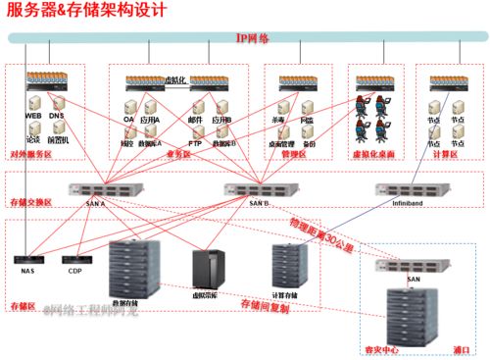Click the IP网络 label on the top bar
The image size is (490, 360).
(x=253, y=37)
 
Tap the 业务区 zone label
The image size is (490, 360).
(x=178, y=154)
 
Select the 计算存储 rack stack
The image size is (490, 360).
(x=285, y=262)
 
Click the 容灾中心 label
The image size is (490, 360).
(x=382, y=348)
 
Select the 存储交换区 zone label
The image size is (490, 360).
(x=29, y=201)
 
